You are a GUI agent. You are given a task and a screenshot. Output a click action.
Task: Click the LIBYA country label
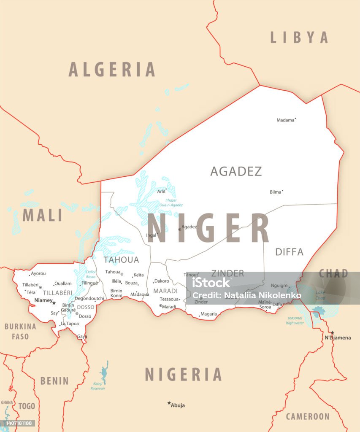[x=299, y=38]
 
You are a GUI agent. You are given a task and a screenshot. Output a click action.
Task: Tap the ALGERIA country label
[x=112, y=70]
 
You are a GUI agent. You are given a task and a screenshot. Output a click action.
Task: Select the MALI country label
[x=42, y=216]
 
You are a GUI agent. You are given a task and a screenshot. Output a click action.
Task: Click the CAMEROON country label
[x=308, y=417]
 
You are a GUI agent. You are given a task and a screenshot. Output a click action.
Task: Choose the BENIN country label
[x=54, y=381]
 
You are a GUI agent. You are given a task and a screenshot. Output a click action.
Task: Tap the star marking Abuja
[x=169, y=403]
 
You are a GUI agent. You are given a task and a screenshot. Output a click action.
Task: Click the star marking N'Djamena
[x=332, y=332]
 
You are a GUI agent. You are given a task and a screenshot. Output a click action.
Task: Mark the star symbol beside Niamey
[x=54, y=302]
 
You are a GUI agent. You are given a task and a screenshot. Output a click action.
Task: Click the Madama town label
[x=285, y=120]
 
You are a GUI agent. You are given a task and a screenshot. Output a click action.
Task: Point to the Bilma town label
[x=275, y=192]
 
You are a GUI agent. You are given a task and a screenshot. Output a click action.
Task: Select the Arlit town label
[x=161, y=191]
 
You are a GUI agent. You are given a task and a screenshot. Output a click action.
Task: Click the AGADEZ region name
[x=236, y=171]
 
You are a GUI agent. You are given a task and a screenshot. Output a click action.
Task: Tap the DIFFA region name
[x=289, y=252]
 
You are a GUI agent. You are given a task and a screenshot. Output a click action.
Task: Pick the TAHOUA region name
[x=121, y=259]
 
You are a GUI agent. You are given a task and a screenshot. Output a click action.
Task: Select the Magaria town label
[x=208, y=314]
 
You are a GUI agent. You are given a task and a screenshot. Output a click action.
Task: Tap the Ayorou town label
[x=38, y=273]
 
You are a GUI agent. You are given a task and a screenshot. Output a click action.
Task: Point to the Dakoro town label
[x=162, y=281]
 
